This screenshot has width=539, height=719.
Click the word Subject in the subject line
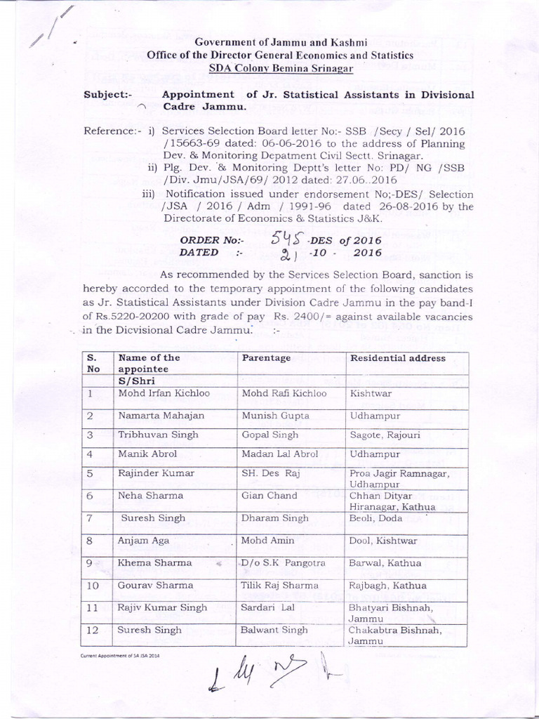104,95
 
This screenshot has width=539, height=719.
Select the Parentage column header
266,358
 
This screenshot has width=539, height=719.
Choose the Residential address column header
397,358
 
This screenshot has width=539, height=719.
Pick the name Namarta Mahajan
161,415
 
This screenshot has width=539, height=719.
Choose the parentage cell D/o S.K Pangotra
279,562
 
